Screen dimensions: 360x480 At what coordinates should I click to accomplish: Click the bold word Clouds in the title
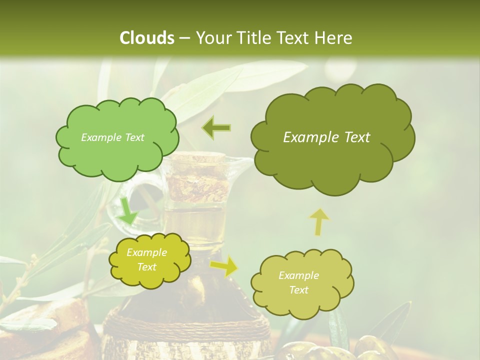click(x=147, y=38)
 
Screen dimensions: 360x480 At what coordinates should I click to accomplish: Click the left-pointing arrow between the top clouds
click(x=216, y=128)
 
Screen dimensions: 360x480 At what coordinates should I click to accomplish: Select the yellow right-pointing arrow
click(x=224, y=266)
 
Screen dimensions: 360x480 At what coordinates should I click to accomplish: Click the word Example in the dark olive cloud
click(x=306, y=137)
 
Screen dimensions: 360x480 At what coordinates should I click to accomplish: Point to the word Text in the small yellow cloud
click(x=147, y=267)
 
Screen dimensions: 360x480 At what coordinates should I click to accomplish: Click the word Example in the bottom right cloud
click(x=298, y=275)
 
